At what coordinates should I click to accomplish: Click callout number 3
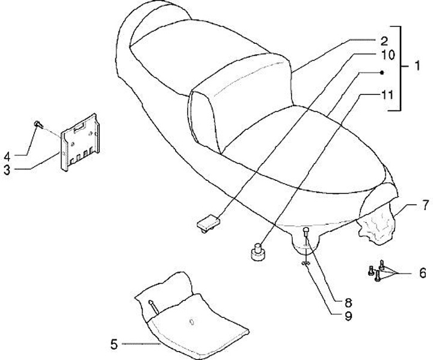tap(7, 170)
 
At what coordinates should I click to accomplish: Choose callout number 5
tap(114, 344)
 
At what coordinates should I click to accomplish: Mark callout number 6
tap(423, 272)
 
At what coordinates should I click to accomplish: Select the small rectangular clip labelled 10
tap(205, 222)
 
